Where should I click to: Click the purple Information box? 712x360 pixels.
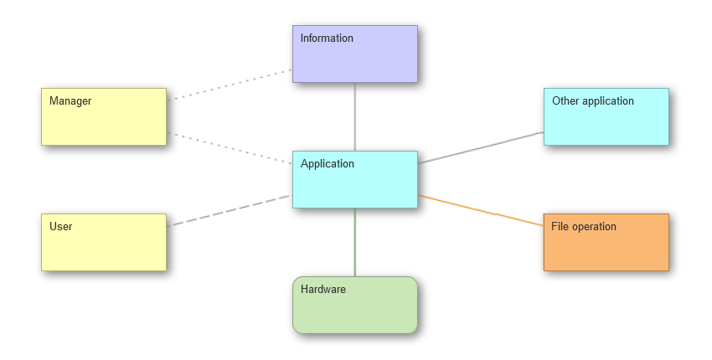[354, 54]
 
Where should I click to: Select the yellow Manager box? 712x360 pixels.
[104, 116]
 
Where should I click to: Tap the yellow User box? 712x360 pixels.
[104, 243]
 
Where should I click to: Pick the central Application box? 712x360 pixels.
[354, 179]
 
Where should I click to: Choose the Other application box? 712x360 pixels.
[606, 116]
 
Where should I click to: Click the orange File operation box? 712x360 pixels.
[606, 243]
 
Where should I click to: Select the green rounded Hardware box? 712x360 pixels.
[354, 305]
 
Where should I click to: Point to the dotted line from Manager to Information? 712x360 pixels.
[230, 85]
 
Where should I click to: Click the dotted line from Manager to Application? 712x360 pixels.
[230, 148]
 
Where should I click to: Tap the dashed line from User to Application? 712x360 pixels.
[230, 211]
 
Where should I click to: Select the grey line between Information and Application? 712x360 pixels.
[354, 116]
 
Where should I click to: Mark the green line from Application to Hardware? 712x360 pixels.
[354, 243]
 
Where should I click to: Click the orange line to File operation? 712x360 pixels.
[481, 211]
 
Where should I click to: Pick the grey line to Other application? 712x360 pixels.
[481, 147]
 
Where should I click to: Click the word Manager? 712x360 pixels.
[70, 100]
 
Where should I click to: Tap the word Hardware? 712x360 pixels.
[322, 289]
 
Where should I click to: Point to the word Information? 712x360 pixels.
[327, 39]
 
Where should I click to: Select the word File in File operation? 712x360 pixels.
[560, 227]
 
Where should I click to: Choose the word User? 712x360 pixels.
[61, 227]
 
